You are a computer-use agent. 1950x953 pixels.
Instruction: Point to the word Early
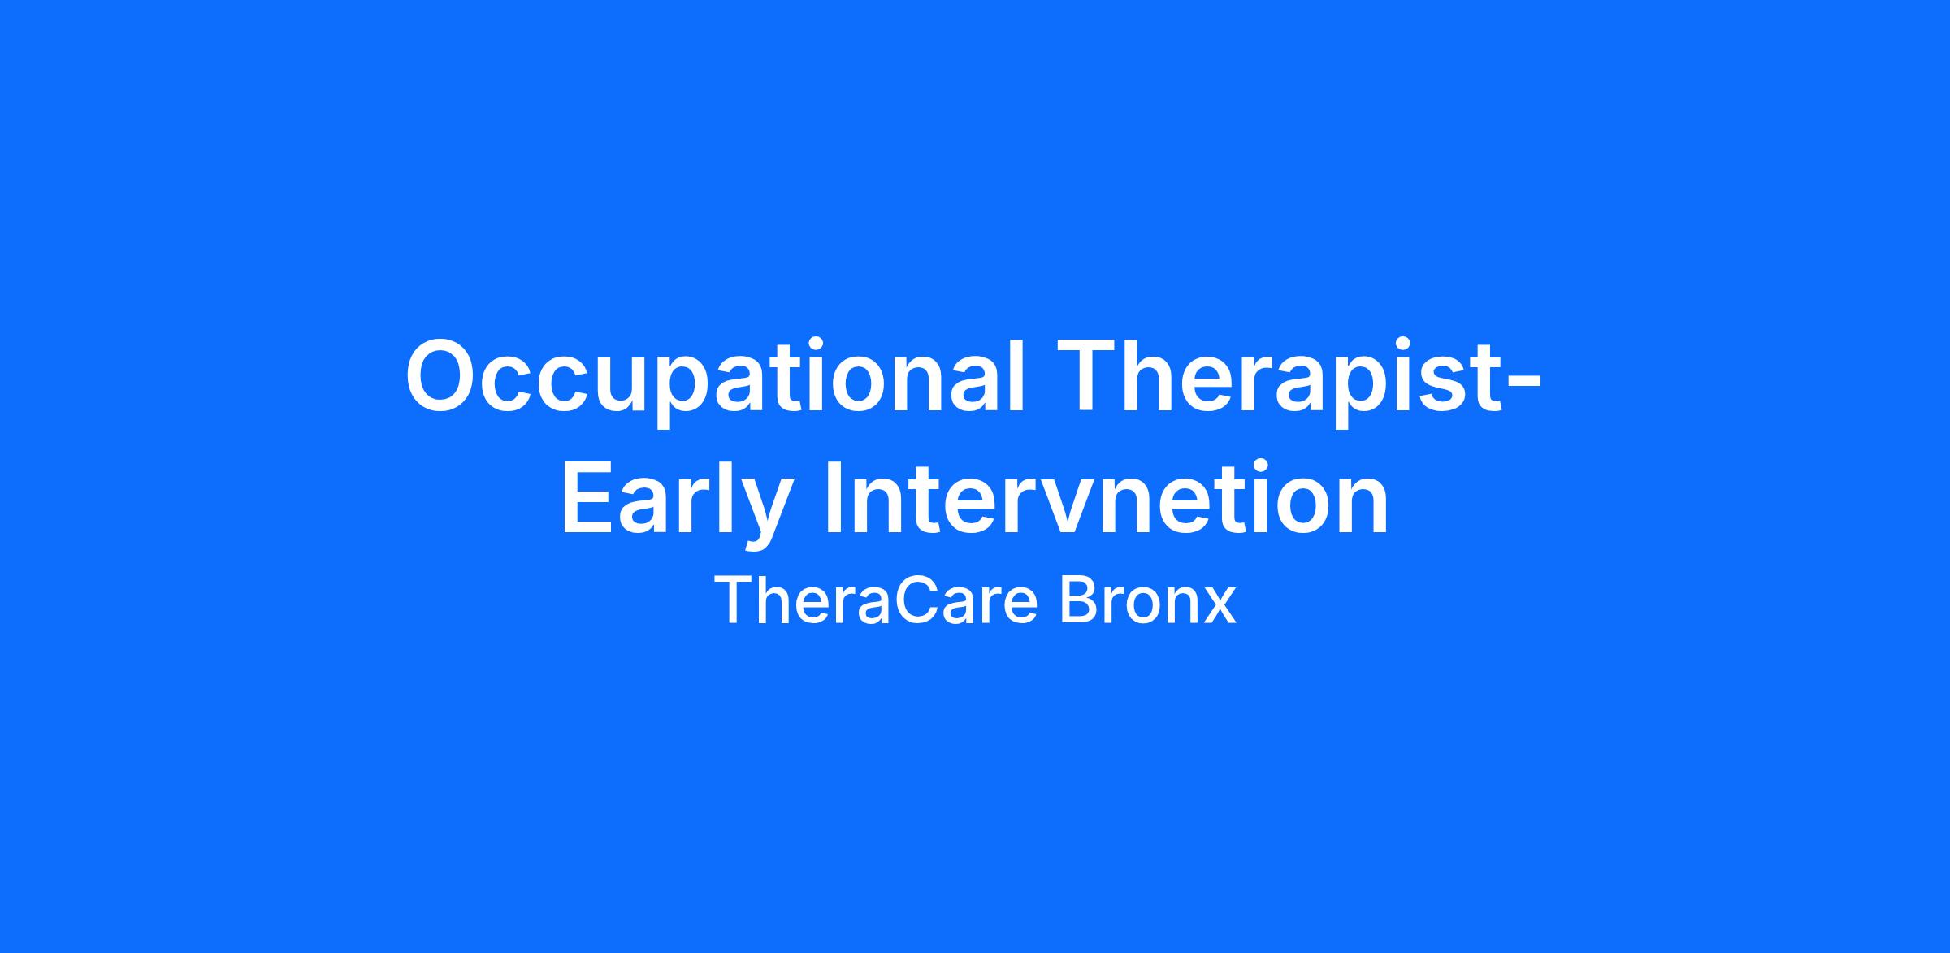tap(675, 504)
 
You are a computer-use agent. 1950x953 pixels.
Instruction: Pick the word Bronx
tap(1147, 601)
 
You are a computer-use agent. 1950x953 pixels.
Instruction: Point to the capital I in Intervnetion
tap(834, 499)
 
